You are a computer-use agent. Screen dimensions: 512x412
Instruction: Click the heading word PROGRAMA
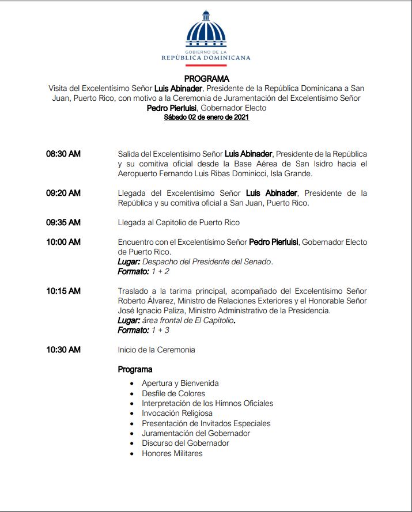pos(206,78)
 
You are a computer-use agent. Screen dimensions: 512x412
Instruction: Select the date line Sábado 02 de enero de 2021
pos(206,117)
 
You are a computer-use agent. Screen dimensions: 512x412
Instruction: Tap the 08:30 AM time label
pos(63,154)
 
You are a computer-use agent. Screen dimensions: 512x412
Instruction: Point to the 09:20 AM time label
pos(63,193)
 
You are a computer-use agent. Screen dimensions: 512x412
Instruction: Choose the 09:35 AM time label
pos(63,222)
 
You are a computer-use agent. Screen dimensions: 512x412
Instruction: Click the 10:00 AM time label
pos(63,242)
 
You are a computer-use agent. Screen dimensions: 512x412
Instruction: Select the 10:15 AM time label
pos(63,291)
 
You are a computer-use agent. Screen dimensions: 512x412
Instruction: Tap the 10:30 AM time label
pos(63,350)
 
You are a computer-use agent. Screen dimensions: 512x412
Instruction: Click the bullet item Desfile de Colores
pos(173,393)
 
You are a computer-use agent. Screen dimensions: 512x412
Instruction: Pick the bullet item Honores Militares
pos(172,453)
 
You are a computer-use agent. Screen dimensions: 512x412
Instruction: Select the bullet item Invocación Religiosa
pos(177,413)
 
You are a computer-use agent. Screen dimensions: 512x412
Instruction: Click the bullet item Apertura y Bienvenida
pos(180,383)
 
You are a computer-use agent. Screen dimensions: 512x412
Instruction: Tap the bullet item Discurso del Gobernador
pos(186,443)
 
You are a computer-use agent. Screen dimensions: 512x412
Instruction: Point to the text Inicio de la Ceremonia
pos(156,350)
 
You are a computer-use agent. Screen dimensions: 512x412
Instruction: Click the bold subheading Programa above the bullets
pos(135,369)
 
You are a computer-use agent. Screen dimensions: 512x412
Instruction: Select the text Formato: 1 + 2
pos(143,271)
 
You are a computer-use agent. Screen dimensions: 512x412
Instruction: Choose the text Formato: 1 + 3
pos(143,330)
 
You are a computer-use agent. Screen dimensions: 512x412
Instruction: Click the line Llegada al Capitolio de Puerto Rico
pos(179,222)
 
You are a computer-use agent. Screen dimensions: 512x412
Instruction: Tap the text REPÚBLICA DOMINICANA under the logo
pos(206,58)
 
